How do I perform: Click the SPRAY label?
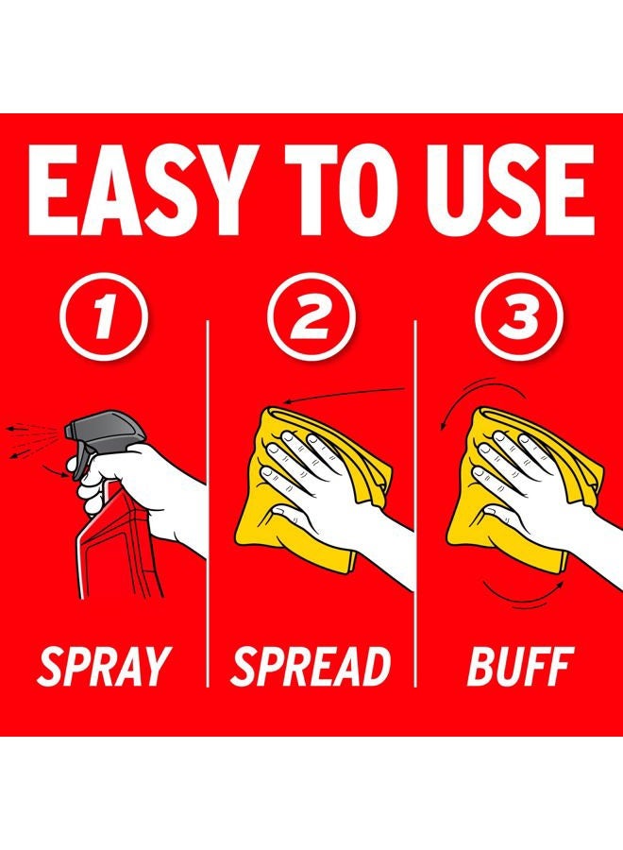coord(103,666)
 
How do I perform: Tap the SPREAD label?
coord(311,666)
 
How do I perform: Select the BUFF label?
coord(519,666)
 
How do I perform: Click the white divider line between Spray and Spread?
coord(208,503)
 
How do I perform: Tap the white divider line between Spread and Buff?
coord(415,503)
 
